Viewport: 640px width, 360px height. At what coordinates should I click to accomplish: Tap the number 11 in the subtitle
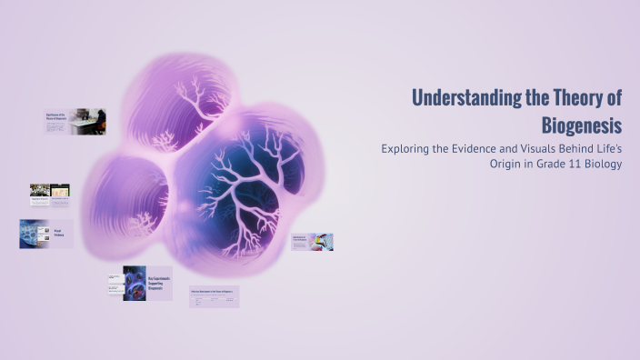(x=564, y=164)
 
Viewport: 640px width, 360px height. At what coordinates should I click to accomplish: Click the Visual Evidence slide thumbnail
(x=46, y=233)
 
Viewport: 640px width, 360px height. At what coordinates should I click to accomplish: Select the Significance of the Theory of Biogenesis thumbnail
(x=75, y=122)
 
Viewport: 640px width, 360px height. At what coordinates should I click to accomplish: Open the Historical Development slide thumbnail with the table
(x=214, y=296)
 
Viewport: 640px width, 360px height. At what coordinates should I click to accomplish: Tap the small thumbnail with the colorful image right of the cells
(x=312, y=242)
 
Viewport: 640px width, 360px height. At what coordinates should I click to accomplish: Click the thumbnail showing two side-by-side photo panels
(x=49, y=194)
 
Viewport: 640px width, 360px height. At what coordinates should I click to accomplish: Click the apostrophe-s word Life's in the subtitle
(x=605, y=148)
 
